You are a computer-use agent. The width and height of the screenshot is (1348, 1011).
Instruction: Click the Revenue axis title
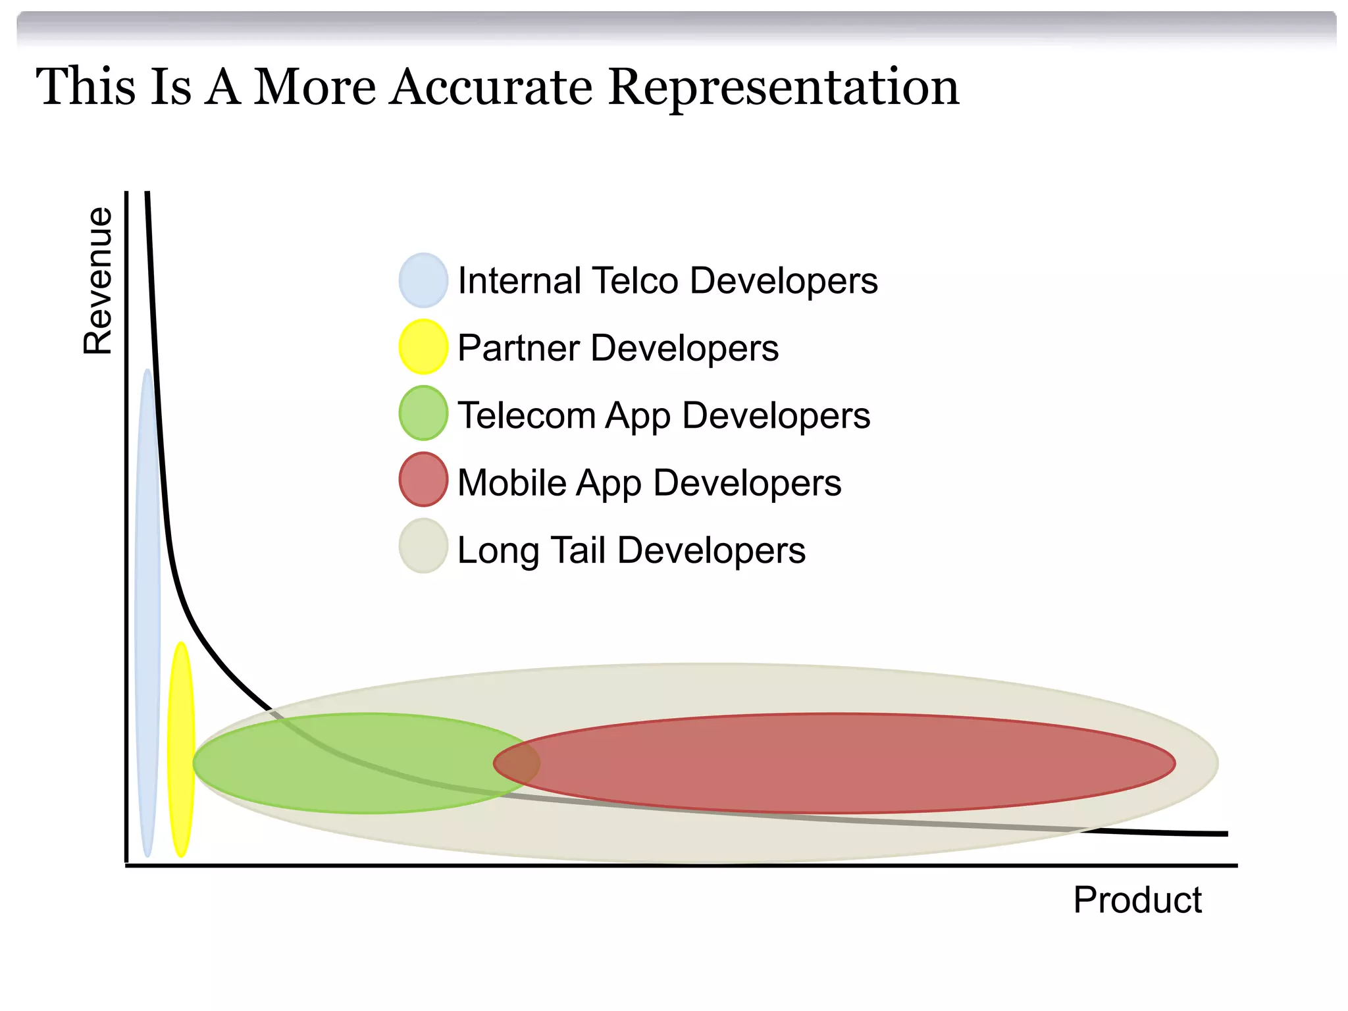97,281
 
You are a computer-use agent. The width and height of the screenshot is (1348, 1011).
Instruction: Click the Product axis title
1137,900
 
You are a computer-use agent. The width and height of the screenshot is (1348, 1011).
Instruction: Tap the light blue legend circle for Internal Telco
423,280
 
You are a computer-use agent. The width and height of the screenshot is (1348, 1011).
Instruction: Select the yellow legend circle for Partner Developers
423,347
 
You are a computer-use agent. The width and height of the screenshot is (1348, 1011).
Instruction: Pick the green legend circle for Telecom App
423,413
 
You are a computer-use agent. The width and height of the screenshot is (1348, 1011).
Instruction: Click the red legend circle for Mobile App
423,480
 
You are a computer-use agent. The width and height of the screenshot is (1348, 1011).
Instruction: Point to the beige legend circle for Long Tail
423,546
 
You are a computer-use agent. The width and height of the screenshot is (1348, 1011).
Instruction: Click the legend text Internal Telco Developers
667,281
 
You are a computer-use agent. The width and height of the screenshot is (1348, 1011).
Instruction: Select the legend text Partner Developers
617,348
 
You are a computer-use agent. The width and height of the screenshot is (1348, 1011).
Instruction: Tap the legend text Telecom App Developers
663,415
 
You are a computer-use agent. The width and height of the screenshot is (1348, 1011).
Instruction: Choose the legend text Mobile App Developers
649,482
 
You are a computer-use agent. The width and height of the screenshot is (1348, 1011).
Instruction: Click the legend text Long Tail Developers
631,550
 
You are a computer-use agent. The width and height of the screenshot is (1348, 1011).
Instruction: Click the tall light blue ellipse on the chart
147,612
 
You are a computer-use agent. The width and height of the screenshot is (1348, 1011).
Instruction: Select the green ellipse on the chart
342,764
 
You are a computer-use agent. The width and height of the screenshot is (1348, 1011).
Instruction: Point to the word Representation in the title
783,87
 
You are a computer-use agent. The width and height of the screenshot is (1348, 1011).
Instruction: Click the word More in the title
315,87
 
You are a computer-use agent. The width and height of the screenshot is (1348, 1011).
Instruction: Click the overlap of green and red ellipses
517,764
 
